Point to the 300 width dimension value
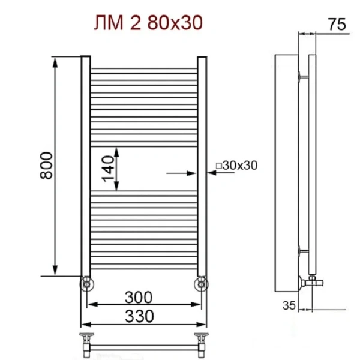[x=139, y=297]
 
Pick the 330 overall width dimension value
[x=139, y=315]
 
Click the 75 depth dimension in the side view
[x=337, y=25]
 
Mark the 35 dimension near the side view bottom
[x=289, y=305]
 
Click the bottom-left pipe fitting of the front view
[x=87, y=283]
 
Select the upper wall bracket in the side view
[x=302, y=76]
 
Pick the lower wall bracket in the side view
[x=302, y=250]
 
